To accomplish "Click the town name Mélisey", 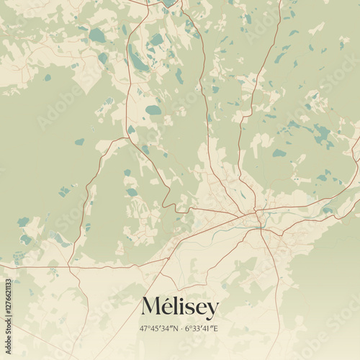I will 179,307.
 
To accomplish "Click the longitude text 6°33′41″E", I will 201,329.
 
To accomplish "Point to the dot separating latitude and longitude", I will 181,329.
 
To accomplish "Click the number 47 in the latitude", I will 145,329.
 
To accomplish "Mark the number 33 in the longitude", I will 195,329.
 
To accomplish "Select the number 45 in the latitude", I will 155,329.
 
